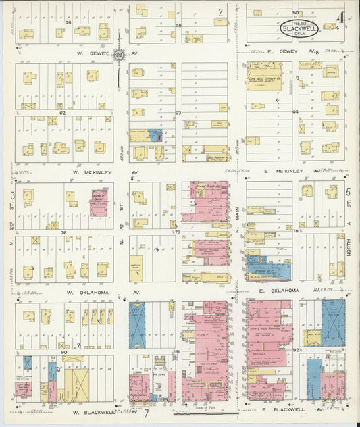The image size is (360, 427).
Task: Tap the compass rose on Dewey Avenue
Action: click(119, 55)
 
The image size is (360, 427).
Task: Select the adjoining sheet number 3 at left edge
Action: click(12, 195)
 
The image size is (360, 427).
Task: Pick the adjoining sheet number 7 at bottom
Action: click(145, 412)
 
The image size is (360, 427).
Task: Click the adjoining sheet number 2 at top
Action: click(220, 11)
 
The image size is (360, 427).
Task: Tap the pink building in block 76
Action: click(99, 203)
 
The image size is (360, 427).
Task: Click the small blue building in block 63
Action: click(155, 135)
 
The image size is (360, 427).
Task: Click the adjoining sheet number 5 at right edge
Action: click(349, 191)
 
